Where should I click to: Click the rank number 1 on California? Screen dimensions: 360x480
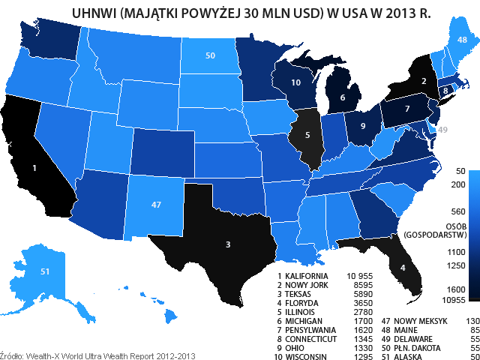[x=34, y=168]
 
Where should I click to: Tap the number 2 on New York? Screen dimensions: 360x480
[x=424, y=81]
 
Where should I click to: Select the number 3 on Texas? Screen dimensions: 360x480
[x=228, y=244]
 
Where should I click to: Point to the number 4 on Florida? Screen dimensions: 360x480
[x=403, y=268]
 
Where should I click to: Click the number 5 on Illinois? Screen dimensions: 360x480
[x=307, y=135]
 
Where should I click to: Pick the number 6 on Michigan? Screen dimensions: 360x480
[x=343, y=97]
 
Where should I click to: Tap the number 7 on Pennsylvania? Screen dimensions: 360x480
[x=407, y=109]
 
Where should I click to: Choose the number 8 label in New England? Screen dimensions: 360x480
[x=445, y=91]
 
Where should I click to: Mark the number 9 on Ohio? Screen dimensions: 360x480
[x=363, y=126]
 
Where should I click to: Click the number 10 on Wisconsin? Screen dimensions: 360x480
[x=296, y=82]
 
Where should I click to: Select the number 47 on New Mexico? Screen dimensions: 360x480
[x=156, y=205]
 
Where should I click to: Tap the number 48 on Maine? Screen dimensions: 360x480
[x=462, y=40]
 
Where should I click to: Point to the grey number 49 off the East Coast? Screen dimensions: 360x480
[x=442, y=130]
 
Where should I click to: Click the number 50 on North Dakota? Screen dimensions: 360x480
[x=210, y=55]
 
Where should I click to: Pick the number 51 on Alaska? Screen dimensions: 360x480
[x=45, y=271]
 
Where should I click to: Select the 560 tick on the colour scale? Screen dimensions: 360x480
[x=457, y=211]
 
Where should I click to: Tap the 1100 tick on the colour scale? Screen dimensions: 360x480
[x=456, y=253]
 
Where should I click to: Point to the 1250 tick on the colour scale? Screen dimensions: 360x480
[x=456, y=265]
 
